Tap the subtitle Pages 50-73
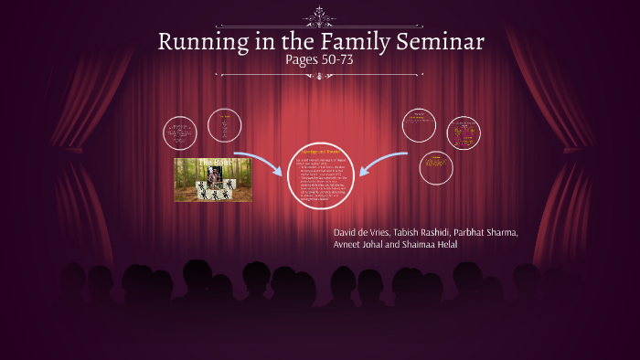319,60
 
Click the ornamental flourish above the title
319,16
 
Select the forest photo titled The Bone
212,179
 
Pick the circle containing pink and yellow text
464,133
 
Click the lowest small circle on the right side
435,167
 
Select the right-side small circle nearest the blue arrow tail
420,124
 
